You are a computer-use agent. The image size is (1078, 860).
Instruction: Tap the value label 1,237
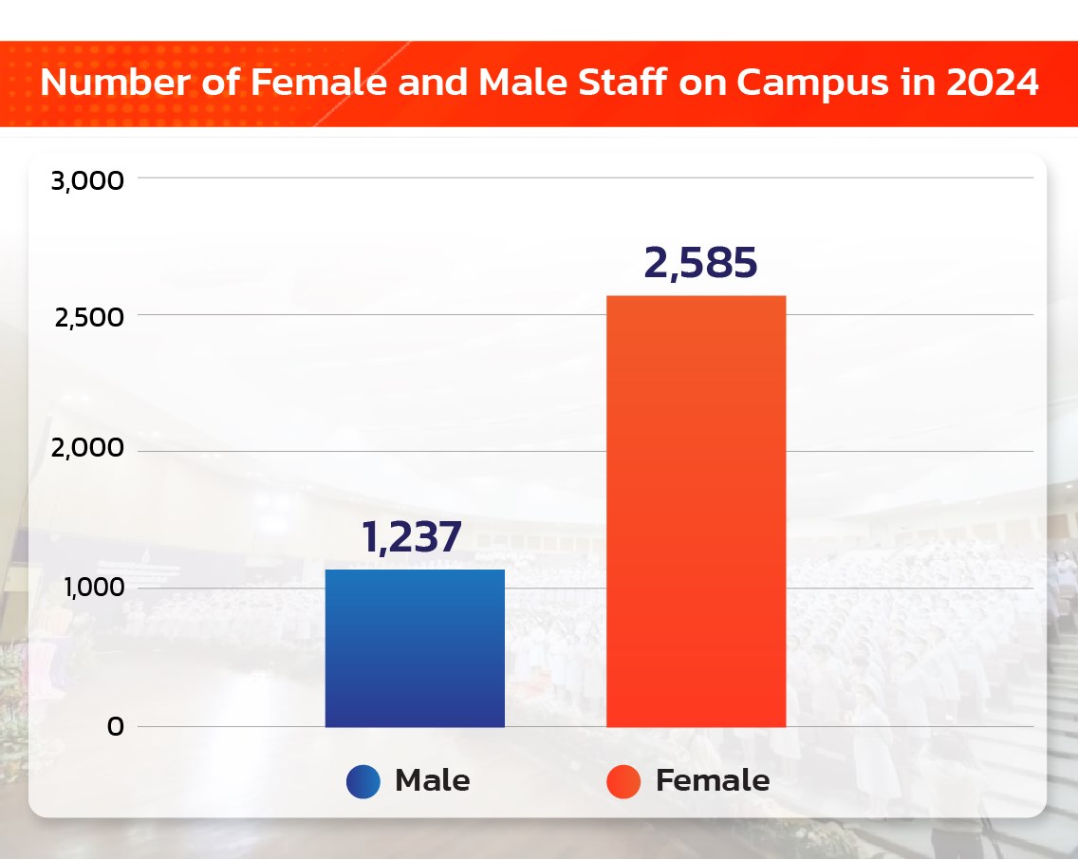(412, 537)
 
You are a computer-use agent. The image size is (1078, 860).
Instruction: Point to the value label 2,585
(700, 263)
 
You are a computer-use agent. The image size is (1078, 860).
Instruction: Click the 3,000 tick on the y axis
(87, 179)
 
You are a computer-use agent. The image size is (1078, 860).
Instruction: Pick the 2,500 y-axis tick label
(89, 317)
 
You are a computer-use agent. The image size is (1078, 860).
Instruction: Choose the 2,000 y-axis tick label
(89, 450)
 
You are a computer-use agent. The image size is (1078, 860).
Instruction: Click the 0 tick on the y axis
(115, 727)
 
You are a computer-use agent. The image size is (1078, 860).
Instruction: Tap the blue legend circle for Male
(363, 781)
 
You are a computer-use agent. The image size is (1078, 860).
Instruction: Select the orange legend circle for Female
(623, 781)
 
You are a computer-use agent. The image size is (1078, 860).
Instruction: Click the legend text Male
(432, 781)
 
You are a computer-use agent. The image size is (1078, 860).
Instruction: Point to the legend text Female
(713, 781)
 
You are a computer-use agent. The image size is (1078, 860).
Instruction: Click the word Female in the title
(320, 84)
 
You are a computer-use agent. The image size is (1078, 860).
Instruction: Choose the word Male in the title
(518, 84)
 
